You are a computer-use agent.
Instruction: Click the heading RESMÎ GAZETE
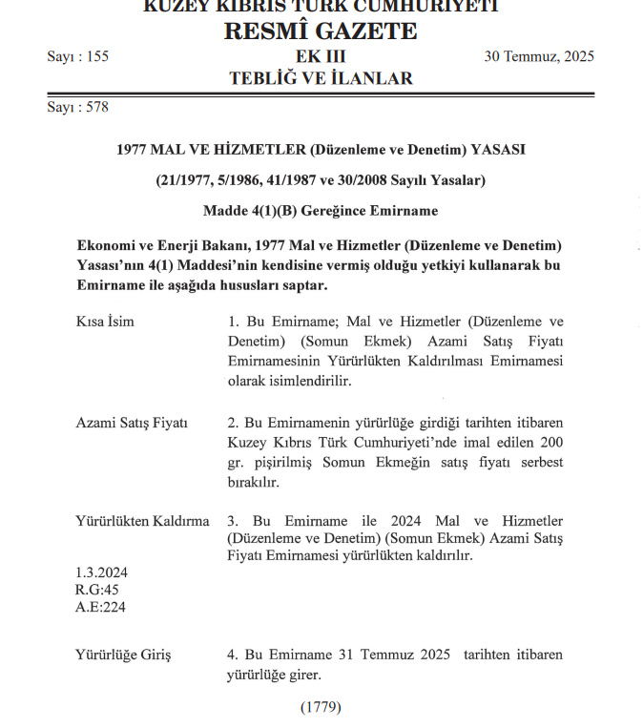[x=321, y=31]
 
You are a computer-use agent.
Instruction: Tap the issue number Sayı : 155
[x=78, y=56]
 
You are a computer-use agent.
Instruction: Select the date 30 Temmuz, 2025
[x=539, y=56]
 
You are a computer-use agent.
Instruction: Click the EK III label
[x=321, y=56]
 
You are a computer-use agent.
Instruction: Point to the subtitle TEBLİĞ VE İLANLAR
[x=321, y=78]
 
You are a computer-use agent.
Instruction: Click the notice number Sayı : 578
[x=78, y=107]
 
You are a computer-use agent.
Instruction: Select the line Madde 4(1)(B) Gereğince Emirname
[x=321, y=210]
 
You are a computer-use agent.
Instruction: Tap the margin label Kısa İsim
[x=105, y=322]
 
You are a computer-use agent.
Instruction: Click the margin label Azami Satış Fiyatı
[x=132, y=423]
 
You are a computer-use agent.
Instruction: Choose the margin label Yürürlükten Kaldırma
[x=142, y=521]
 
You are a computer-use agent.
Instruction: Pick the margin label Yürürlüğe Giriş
[x=123, y=655]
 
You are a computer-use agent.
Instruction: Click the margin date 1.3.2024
[x=101, y=572]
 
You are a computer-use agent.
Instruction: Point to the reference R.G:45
[x=96, y=590]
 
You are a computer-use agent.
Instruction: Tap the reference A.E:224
[x=100, y=607]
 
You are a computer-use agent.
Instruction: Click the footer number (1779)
[x=321, y=707]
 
